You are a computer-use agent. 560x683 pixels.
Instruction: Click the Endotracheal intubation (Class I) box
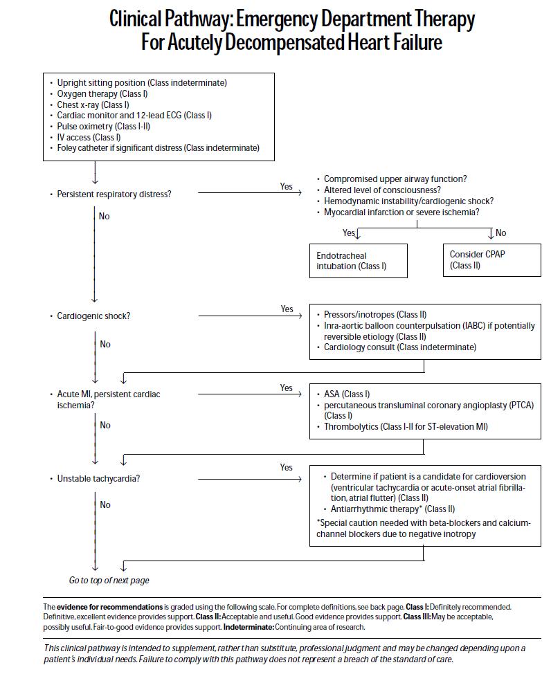tap(358, 261)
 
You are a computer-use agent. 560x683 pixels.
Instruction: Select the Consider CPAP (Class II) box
tap(491, 259)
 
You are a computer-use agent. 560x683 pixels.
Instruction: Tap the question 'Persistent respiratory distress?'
tap(114, 194)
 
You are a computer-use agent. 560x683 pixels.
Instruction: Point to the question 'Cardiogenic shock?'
tap(93, 316)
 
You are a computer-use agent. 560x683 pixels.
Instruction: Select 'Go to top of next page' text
tap(109, 580)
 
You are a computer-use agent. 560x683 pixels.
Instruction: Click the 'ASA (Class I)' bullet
tap(347, 394)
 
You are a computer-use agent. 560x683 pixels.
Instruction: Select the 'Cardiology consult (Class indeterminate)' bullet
tap(399, 347)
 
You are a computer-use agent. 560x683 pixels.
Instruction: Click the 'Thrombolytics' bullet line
tap(406, 427)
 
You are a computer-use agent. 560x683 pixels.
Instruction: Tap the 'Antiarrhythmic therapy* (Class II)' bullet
tap(392, 509)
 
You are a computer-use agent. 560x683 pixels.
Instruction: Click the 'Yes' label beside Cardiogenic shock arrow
tap(287, 309)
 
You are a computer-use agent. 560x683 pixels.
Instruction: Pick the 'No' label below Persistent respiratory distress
tap(105, 217)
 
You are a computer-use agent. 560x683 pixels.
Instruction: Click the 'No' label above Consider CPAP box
tap(501, 233)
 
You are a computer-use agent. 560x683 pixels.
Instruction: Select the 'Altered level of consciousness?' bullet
tap(382, 190)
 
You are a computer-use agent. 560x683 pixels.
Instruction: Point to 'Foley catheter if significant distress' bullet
tap(158, 148)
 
